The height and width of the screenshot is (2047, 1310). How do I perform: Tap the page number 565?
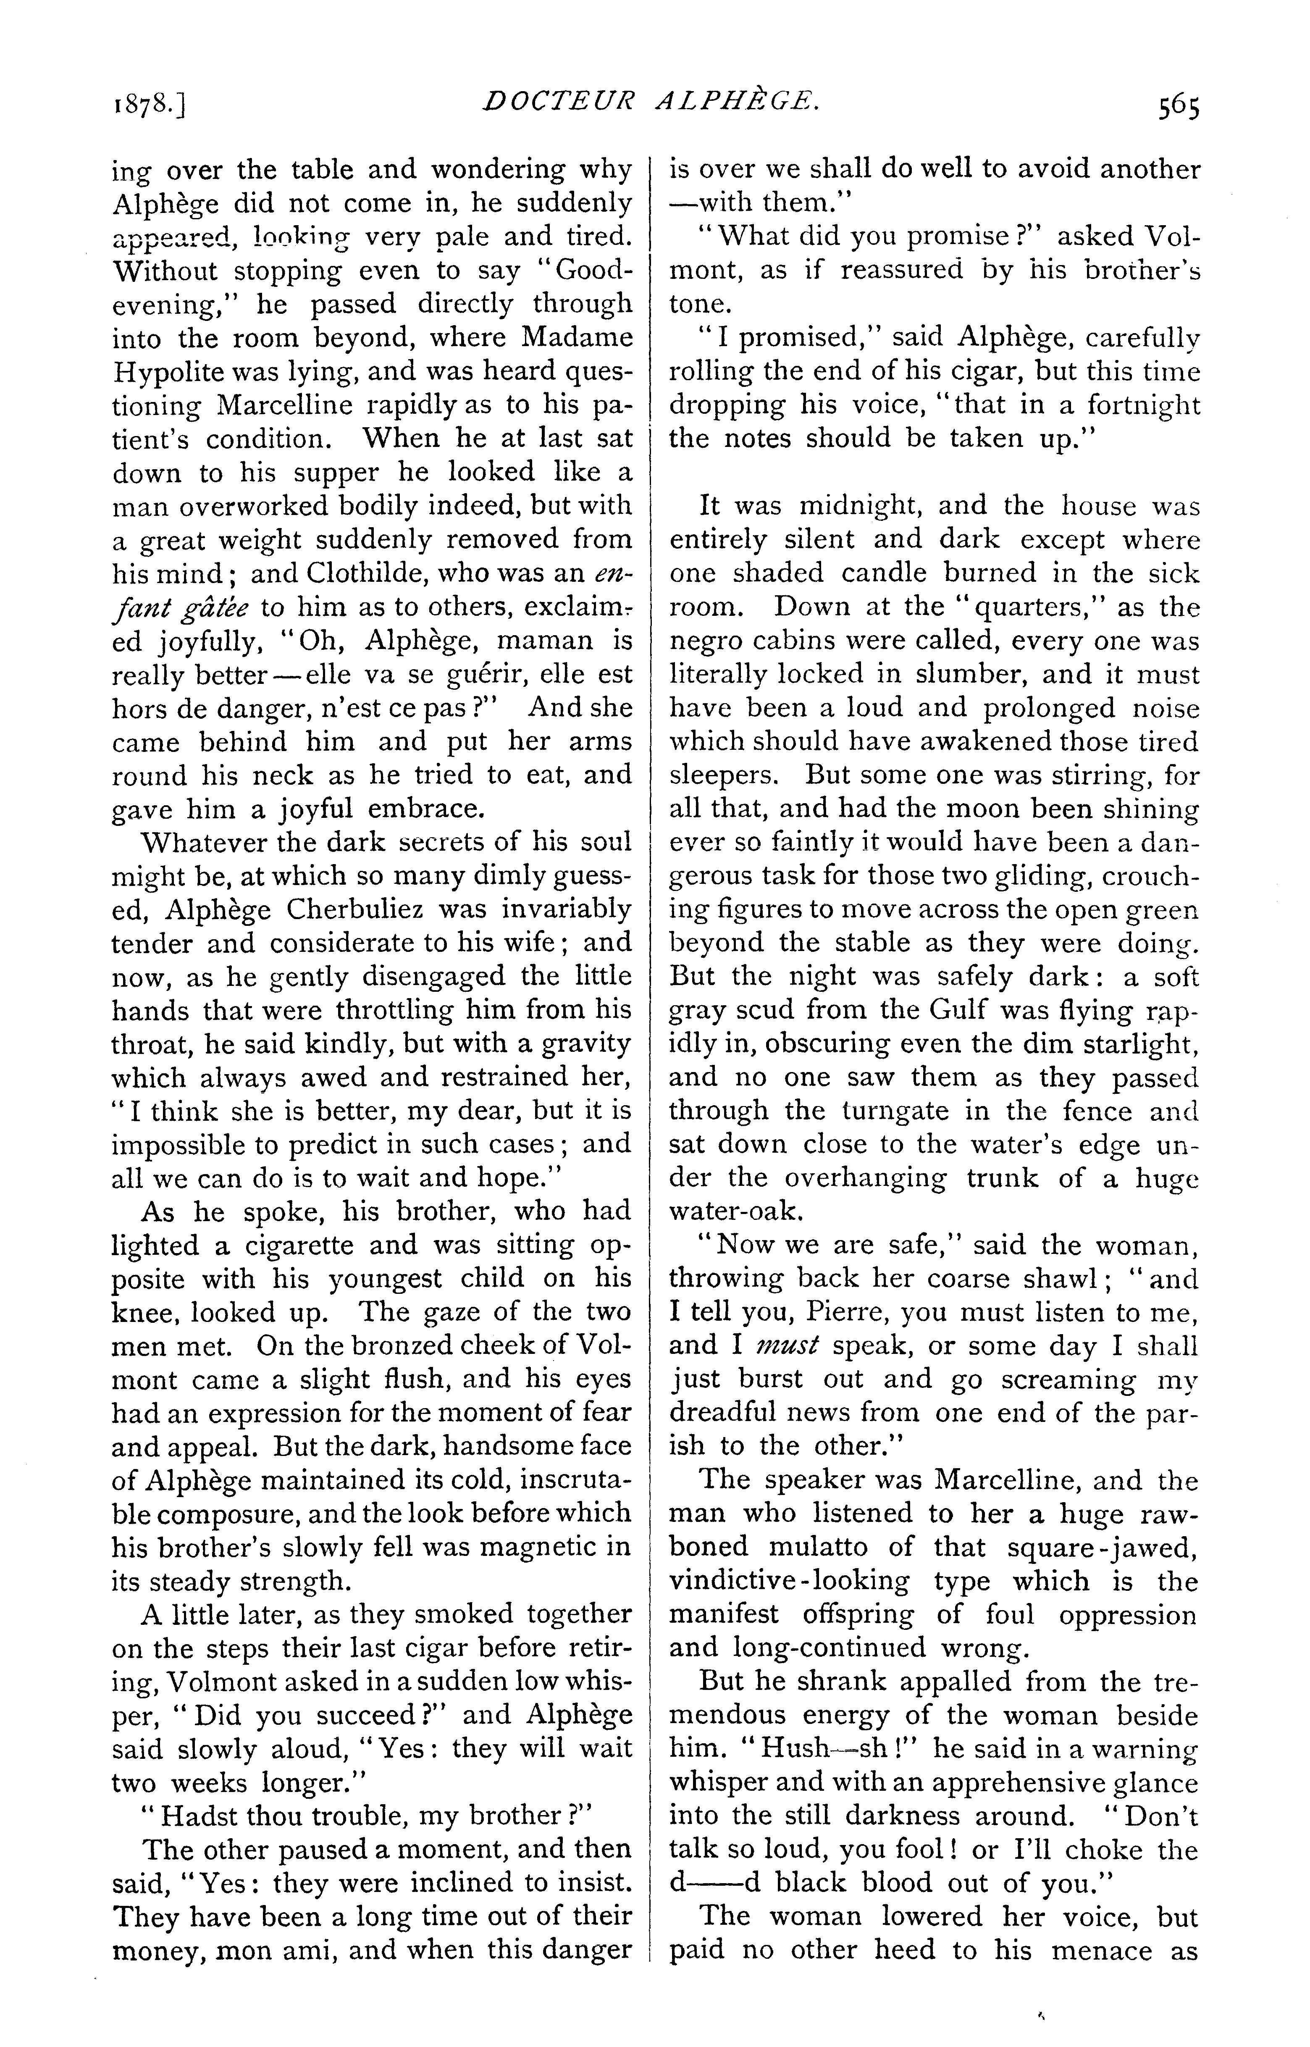coord(1176,108)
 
